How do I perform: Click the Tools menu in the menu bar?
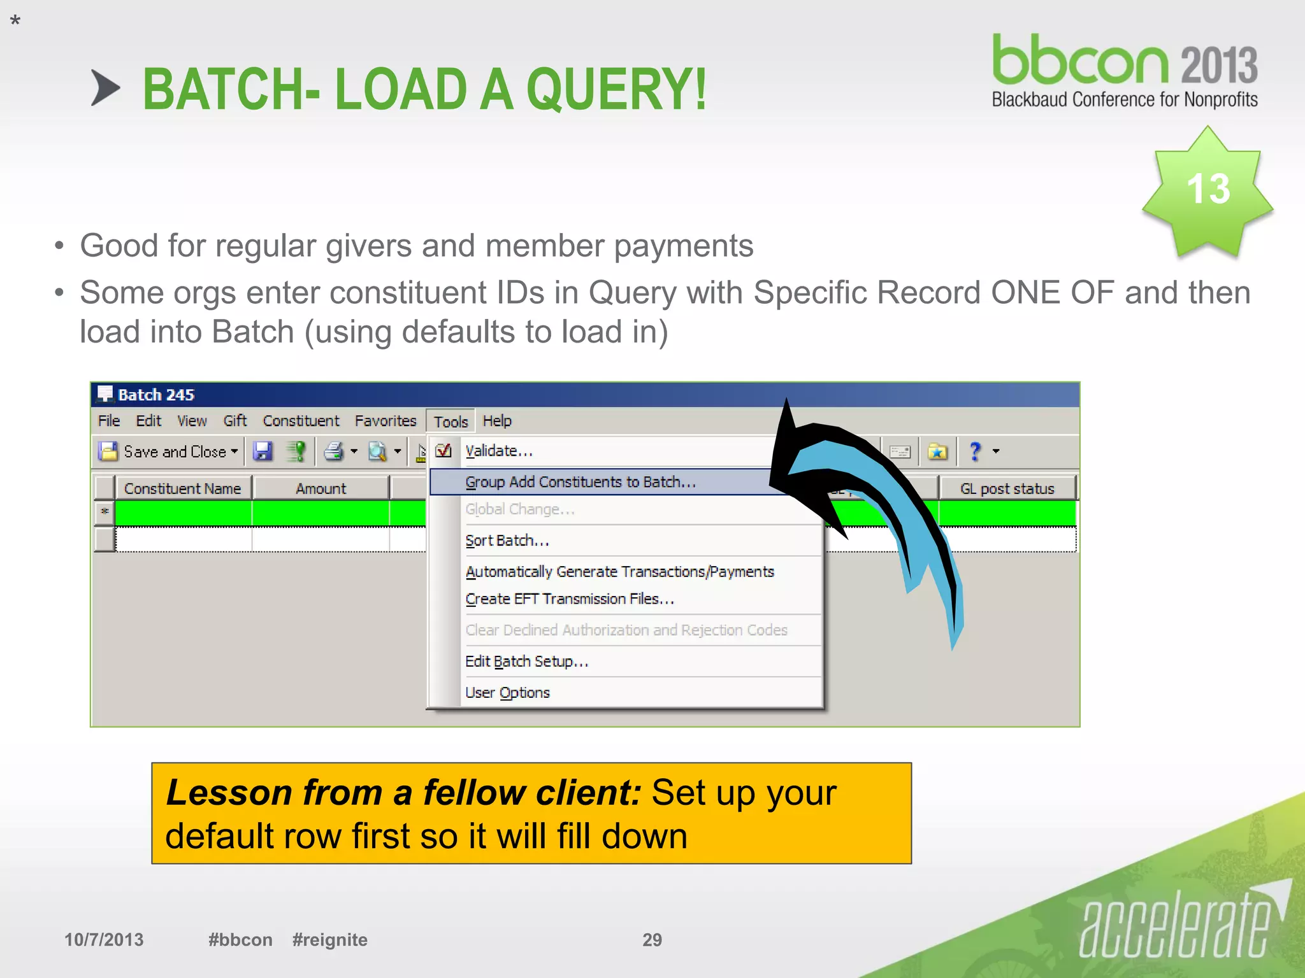451,422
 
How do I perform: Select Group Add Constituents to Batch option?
580,482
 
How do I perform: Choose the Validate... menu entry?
498,451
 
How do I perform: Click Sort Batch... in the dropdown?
507,541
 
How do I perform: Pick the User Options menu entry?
507,692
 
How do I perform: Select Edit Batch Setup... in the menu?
526,661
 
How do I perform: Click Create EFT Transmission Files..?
569,599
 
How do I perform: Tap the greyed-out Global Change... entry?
519,509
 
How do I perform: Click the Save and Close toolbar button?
168,451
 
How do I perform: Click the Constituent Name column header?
182,488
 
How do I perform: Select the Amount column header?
321,488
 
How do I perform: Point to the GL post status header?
1007,488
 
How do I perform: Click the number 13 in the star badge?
1208,189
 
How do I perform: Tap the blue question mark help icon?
974,451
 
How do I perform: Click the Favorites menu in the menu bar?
385,421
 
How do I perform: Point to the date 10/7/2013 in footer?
104,939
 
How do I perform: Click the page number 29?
652,939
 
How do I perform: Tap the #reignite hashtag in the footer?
329,939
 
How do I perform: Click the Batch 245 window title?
155,395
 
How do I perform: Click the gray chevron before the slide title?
105,88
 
